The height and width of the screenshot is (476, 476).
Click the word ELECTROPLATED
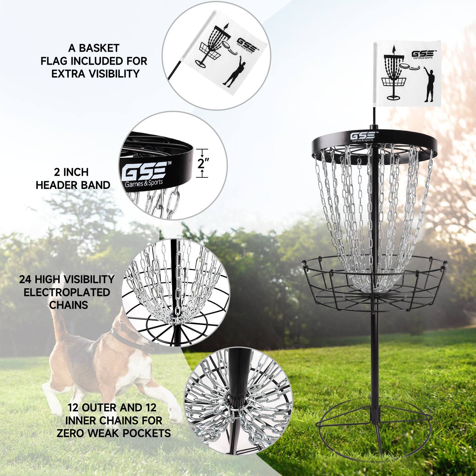click(x=67, y=292)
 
